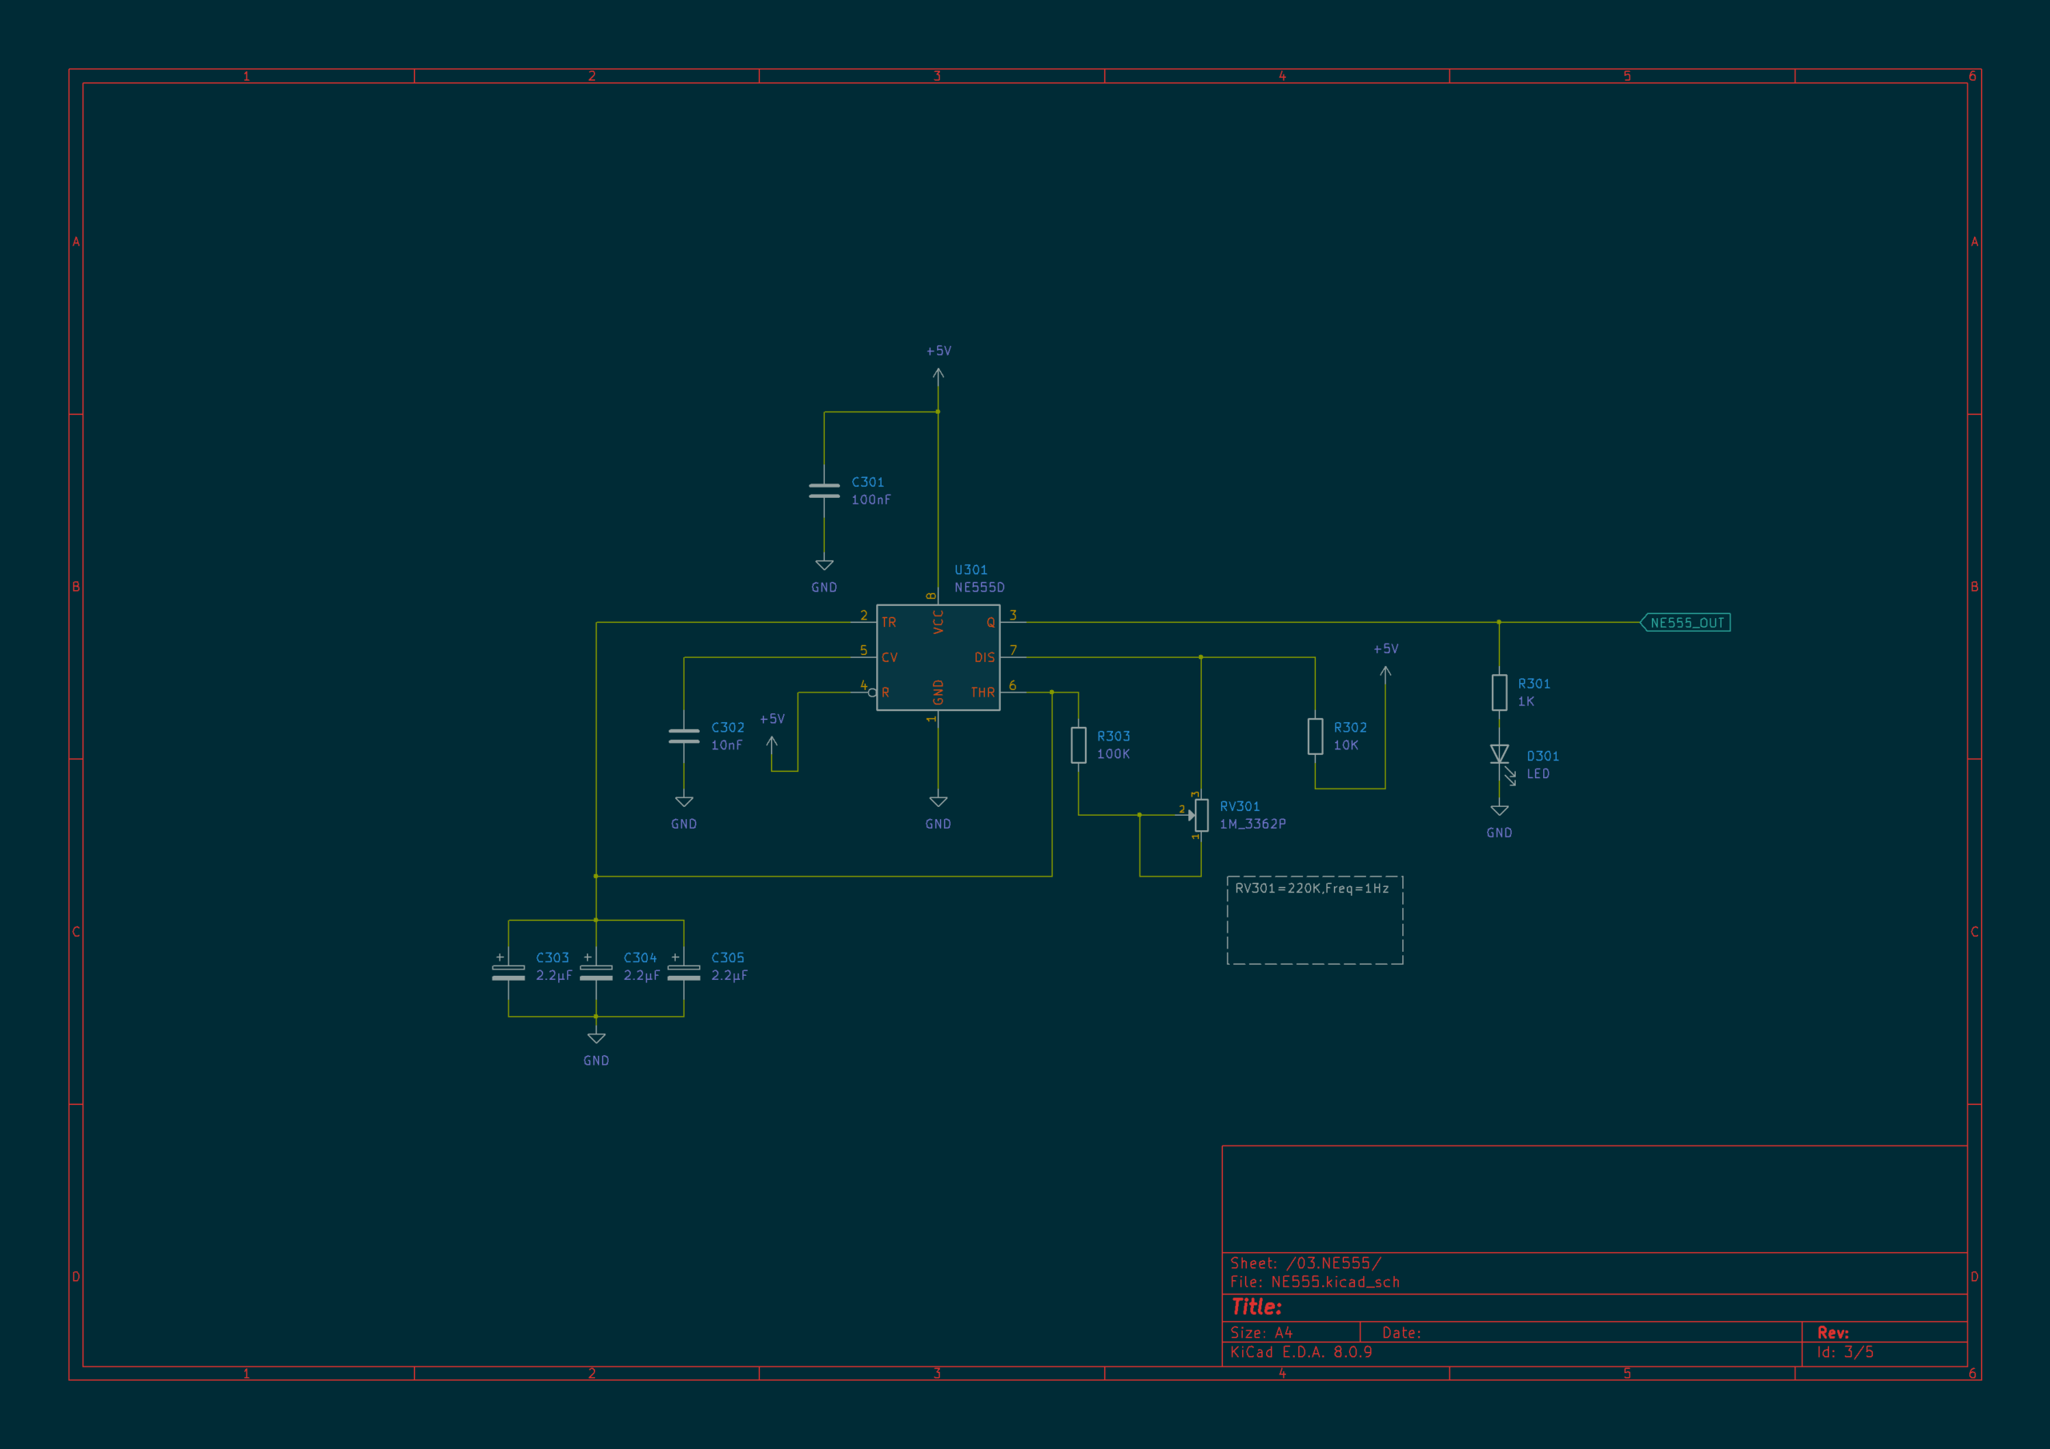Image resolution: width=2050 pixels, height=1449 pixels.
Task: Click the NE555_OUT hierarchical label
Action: pos(1686,622)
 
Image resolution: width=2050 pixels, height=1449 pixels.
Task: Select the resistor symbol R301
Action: pos(1499,692)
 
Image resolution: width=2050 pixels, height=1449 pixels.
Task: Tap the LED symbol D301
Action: pos(1500,757)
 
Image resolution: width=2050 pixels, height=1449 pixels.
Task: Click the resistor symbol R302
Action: pos(1315,737)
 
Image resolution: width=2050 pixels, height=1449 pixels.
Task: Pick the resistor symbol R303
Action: pos(1079,745)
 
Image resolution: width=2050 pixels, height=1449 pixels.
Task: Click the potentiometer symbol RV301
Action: pos(1201,814)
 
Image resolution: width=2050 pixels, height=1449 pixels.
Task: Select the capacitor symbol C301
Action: pos(824,490)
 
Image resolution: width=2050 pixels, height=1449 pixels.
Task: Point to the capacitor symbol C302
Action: pos(684,736)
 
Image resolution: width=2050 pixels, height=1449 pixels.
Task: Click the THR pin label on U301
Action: pos(982,692)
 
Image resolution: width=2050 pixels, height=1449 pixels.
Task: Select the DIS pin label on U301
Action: pos(984,657)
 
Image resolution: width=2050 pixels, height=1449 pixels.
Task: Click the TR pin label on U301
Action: pos(888,622)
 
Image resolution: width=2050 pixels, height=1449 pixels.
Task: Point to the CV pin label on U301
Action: pos(890,657)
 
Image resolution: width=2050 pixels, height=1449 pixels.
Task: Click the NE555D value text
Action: pos(979,588)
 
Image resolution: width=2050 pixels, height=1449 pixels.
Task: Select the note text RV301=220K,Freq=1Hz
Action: pos(1312,889)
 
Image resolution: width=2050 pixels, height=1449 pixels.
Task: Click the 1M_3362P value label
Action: pos(1252,824)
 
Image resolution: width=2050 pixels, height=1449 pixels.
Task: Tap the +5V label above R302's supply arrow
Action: pos(1385,649)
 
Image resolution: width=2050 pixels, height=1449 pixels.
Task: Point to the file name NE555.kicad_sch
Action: pos(1336,1282)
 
